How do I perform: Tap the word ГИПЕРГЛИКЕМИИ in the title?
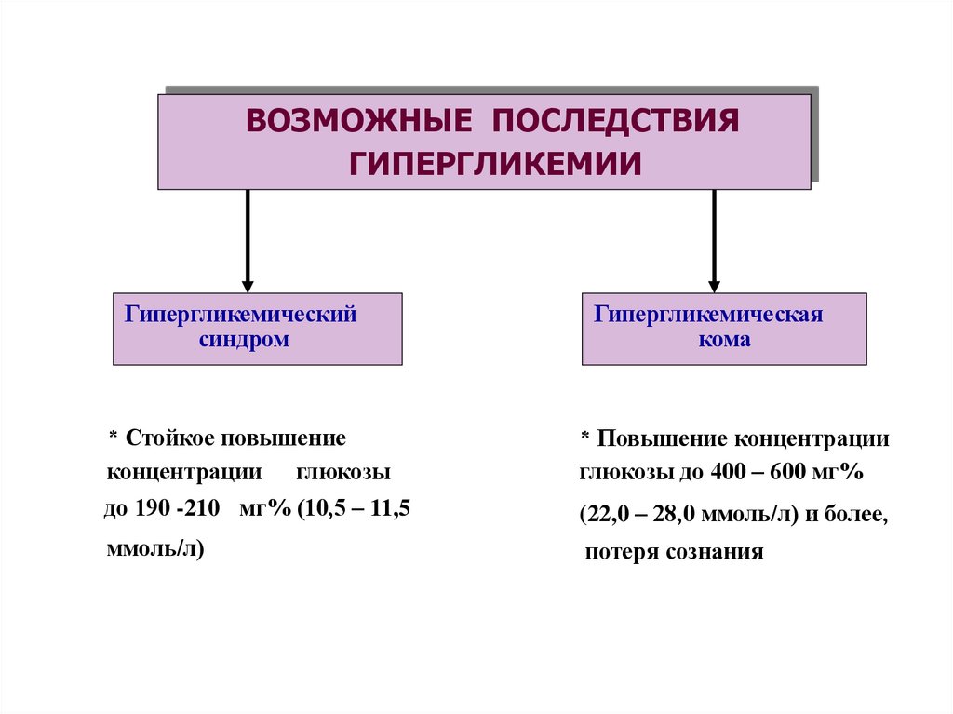495,164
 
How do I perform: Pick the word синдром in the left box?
244,340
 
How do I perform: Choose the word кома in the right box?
724,340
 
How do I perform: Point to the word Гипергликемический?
241,314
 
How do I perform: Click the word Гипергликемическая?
708,314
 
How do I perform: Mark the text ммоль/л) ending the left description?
155,548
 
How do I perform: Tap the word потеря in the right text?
622,552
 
